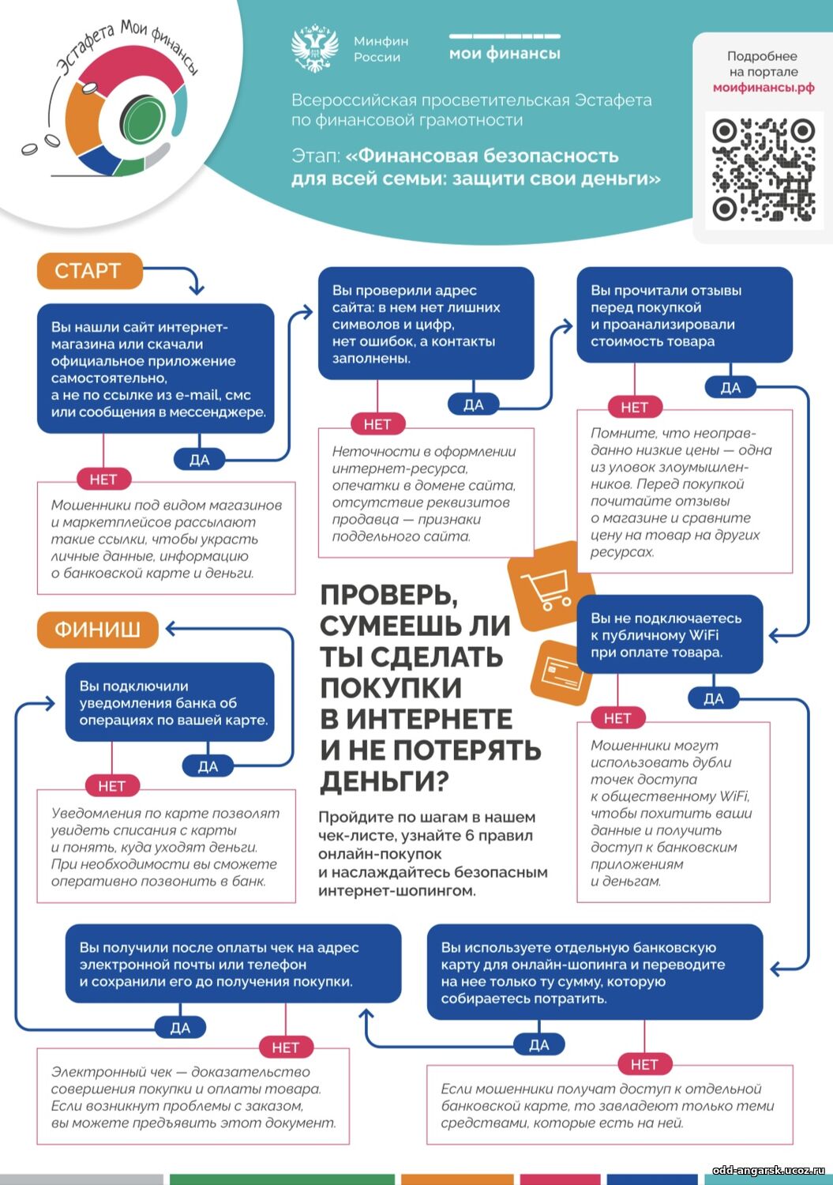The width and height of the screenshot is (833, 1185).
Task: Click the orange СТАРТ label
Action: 90,271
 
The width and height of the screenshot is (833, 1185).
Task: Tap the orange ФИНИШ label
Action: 98,630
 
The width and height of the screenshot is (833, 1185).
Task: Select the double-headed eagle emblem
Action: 315,47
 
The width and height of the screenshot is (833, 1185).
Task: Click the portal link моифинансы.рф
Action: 764,87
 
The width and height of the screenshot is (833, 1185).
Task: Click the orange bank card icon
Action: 561,672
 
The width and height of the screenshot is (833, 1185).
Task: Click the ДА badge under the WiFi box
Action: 713,699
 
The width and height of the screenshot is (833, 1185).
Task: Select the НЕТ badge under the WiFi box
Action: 617,718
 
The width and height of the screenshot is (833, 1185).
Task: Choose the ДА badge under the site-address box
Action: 474,404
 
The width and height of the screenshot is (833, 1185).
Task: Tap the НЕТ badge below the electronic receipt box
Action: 286,1048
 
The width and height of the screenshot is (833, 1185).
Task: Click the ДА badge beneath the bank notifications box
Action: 208,766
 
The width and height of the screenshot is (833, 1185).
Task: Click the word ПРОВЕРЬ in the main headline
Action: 388,596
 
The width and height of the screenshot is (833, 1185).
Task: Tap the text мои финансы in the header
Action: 505,54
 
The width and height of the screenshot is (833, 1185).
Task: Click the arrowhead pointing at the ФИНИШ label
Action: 171,629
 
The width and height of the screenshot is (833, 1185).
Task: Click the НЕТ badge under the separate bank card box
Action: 644,1064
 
